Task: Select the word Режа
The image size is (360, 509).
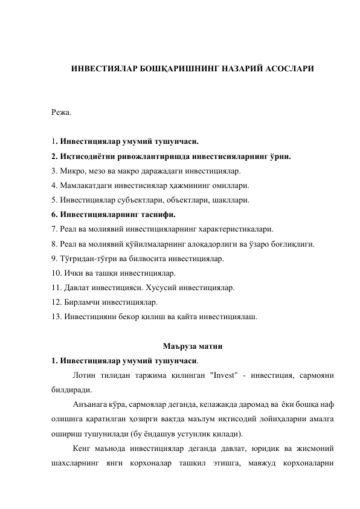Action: click(x=61, y=112)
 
